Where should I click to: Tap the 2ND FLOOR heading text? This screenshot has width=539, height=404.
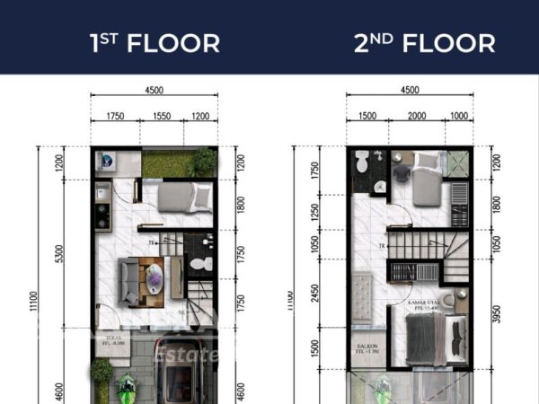[x=424, y=42]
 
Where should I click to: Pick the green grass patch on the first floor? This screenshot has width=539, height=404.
[x=169, y=163]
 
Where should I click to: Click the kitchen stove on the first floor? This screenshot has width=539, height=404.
[x=102, y=215]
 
